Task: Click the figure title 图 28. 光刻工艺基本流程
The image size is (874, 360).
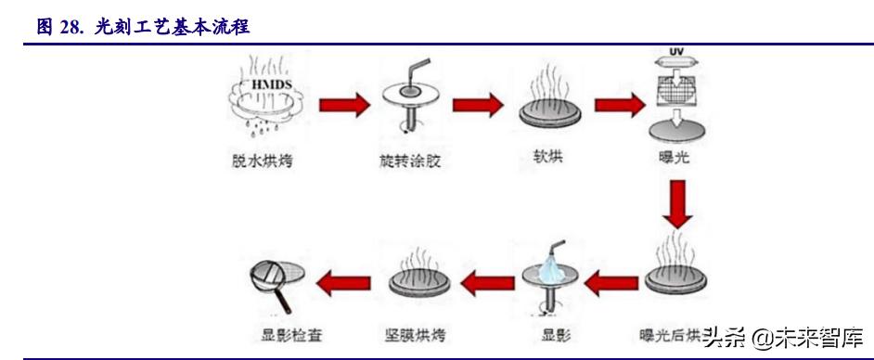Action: click(143, 28)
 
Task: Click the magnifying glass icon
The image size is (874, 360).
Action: click(274, 279)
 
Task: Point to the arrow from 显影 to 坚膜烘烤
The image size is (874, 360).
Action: click(487, 279)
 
